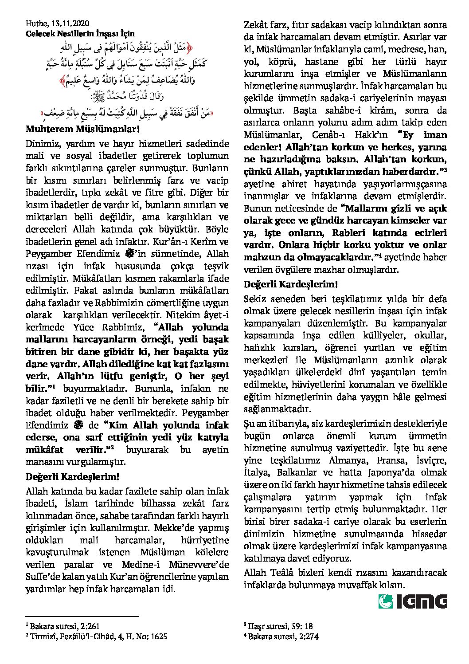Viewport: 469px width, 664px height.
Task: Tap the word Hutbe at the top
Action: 35,24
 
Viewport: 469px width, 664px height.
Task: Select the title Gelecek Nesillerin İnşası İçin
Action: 80,33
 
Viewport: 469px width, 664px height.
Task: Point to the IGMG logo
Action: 413,601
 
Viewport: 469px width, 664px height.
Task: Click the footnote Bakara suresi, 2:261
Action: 65,626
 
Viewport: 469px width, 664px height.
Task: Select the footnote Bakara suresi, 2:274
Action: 283,636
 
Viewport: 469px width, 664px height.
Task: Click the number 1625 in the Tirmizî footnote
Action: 158,636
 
